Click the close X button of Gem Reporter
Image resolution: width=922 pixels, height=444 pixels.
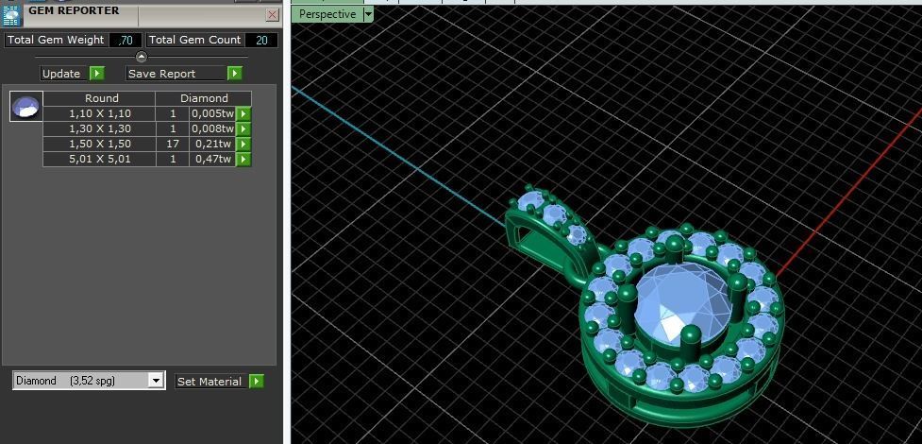click(272, 14)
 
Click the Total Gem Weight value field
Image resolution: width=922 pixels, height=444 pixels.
click(125, 41)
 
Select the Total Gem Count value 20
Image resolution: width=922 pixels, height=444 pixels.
click(260, 41)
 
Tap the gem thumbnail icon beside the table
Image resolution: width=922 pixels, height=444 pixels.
click(25, 107)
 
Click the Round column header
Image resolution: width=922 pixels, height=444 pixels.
click(101, 98)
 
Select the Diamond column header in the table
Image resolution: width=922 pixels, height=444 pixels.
click(204, 98)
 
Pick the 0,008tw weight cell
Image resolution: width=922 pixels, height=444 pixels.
click(210, 128)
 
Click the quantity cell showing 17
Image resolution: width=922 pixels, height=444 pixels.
click(173, 144)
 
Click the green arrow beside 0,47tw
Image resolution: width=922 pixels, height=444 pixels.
click(243, 159)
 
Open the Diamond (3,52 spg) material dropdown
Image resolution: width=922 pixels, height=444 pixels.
click(156, 381)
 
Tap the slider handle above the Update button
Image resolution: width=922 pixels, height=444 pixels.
click(142, 58)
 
